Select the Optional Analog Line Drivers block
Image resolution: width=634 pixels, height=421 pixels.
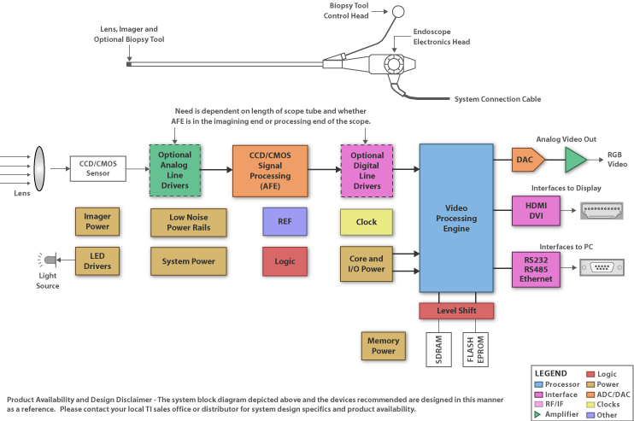pyautogui.click(x=176, y=171)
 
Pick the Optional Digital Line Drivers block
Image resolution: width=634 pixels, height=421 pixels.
pyautogui.click(x=367, y=171)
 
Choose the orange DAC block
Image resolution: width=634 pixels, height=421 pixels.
pyautogui.click(x=525, y=159)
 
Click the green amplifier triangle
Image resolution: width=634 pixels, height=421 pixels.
pyautogui.click(x=575, y=160)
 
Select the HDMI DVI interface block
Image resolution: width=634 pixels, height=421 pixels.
pyautogui.click(x=536, y=211)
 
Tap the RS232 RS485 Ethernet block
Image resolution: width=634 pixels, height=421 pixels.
pyautogui.click(x=536, y=267)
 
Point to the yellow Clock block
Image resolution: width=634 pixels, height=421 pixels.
pyautogui.click(x=366, y=222)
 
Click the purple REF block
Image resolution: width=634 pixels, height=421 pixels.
pyautogui.click(x=285, y=222)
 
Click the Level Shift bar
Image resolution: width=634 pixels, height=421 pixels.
pyautogui.click(x=456, y=311)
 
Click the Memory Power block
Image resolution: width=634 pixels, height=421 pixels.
pyautogui.click(x=384, y=346)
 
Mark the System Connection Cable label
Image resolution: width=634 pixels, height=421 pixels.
pyautogui.click(x=497, y=99)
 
